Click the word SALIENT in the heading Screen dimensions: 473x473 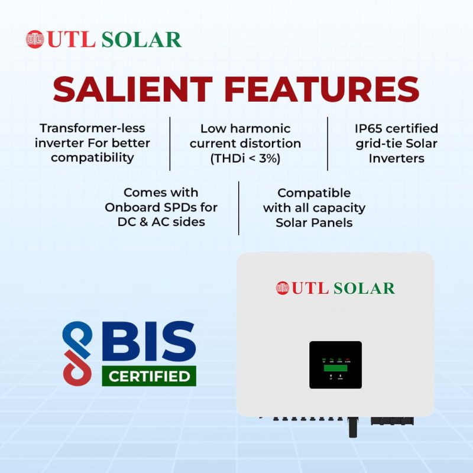(134, 90)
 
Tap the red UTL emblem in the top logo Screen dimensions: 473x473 (35, 39)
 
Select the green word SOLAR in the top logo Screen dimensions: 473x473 (141, 40)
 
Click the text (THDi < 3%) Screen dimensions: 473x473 (245, 158)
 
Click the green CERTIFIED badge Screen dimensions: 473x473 (149, 375)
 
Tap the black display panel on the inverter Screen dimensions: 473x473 (335, 364)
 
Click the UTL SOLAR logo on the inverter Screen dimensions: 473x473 (335, 288)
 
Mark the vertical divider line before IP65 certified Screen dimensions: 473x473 (328, 144)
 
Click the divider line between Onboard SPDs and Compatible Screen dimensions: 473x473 (239, 208)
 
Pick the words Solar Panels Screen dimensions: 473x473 (314, 223)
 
